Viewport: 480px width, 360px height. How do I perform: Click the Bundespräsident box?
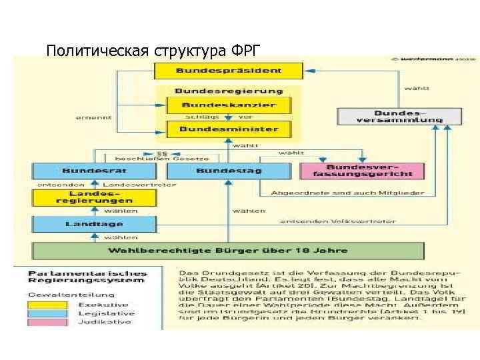point(229,70)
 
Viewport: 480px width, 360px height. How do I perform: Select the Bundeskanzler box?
point(229,105)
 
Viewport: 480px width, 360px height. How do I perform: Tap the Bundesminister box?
point(229,128)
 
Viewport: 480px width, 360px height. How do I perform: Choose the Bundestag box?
point(229,171)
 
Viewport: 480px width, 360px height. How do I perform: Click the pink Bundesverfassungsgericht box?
point(363,170)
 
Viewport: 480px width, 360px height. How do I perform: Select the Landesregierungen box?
point(94,197)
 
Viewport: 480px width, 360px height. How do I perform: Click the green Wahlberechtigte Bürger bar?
point(229,251)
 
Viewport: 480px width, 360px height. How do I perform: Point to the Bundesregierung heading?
point(229,91)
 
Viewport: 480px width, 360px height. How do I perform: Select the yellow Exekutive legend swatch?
point(48,304)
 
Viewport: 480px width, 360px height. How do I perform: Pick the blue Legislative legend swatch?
point(48,313)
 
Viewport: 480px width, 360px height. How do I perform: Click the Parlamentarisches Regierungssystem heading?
point(87,277)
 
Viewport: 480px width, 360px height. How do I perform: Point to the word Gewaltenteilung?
point(60,293)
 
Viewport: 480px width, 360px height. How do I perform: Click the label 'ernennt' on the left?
point(93,117)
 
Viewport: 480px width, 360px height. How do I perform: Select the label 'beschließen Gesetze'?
point(163,159)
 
